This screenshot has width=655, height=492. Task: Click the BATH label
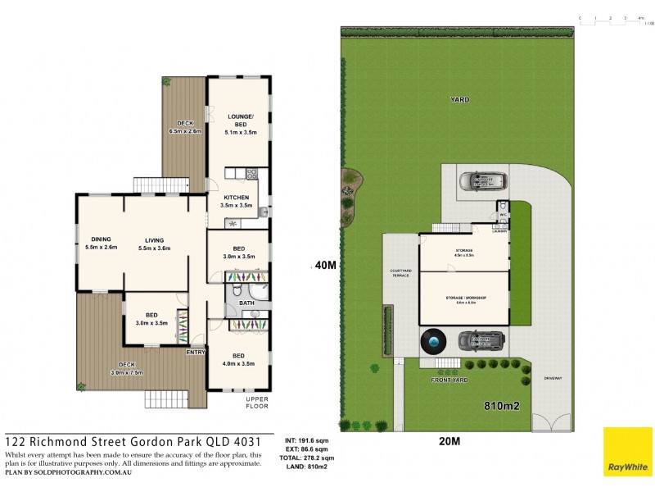[x=246, y=303]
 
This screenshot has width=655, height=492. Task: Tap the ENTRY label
[x=196, y=353]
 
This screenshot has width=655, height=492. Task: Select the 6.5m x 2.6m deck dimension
[x=185, y=131]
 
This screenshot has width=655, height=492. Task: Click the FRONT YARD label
[x=449, y=381]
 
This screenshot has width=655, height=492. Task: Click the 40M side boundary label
[x=325, y=265]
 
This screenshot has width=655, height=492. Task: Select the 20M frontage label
[x=449, y=441]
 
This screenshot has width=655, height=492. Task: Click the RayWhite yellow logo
[x=628, y=452]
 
